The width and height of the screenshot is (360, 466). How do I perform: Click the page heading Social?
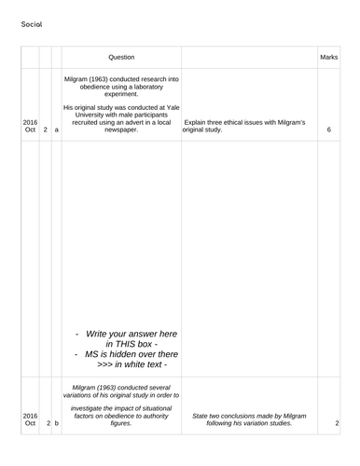tap(31, 24)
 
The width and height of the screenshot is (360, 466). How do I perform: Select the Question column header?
tap(121, 58)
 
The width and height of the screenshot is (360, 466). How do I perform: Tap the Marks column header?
tap(328, 58)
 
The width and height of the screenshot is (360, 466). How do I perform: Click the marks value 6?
tap(329, 130)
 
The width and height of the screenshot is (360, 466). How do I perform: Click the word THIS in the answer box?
tap(123, 343)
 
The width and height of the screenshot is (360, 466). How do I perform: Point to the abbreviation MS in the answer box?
tap(92, 354)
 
